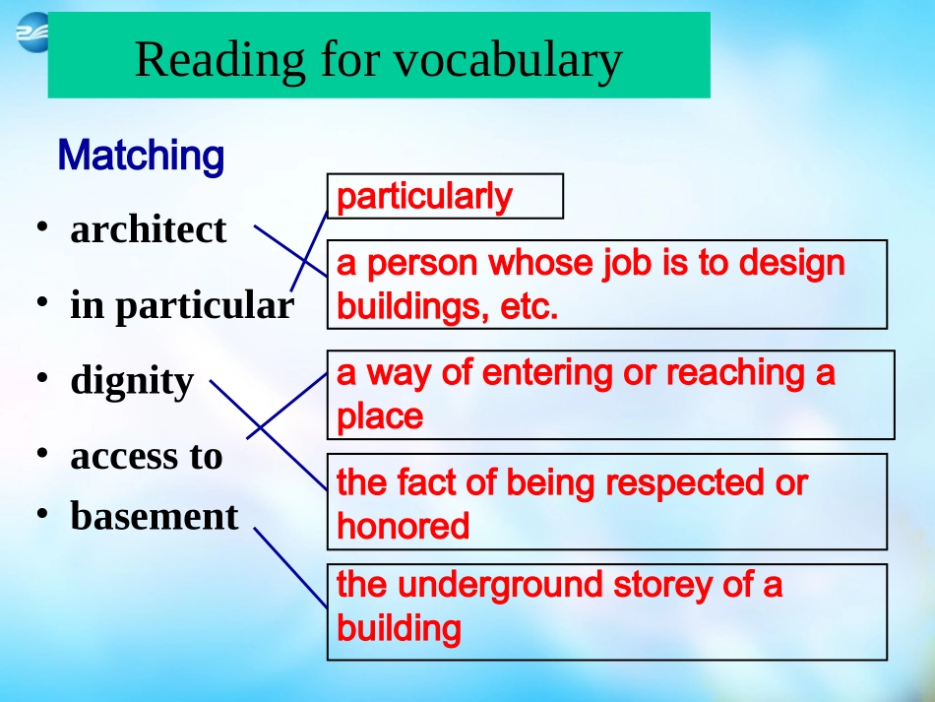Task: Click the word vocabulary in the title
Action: (508, 61)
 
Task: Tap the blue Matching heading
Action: (142, 156)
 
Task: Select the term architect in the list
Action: (149, 229)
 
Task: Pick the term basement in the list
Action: (155, 516)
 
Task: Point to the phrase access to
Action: (147, 456)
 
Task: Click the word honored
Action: (404, 526)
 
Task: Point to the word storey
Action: (662, 585)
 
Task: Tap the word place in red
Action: (380, 416)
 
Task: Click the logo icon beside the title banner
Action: (31, 32)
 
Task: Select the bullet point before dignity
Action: (41, 378)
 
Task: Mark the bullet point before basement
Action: (41, 513)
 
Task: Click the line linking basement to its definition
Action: (290, 568)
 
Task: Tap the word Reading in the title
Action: (220, 61)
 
